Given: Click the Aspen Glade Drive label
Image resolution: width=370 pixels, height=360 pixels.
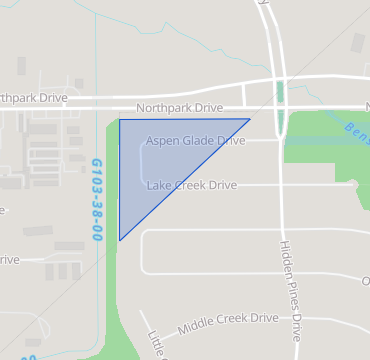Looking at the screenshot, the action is [x=195, y=141].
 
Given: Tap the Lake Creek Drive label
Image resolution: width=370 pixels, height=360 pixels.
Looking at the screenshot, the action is [x=191, y=185].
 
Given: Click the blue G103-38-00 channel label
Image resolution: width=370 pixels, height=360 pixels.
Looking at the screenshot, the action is [x=97, y=199].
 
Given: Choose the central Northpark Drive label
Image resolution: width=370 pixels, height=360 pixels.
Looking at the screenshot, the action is [x=179, y=107].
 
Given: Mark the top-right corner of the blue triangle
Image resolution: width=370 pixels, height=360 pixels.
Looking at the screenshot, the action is [x=249, y=119].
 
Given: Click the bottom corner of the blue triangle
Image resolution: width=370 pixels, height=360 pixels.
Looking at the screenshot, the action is [x=120, y=240].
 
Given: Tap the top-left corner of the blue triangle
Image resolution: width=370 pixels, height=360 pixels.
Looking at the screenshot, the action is [x=120, y=120].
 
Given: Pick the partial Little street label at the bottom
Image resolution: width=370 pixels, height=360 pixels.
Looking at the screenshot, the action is [x=156, y=343].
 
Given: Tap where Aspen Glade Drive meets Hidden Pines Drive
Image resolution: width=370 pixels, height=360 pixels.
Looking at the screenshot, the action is [x=281, y=141].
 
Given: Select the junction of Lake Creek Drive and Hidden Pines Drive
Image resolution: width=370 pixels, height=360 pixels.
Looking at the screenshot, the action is [x=281, y=185].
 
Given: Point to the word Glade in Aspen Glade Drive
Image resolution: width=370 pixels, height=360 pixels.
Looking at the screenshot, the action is [x=198, y=141].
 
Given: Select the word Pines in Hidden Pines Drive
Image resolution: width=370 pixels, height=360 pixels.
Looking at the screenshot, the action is [x=290, y=293].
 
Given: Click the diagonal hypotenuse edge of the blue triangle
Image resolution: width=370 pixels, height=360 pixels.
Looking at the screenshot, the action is [x=185, y=180].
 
